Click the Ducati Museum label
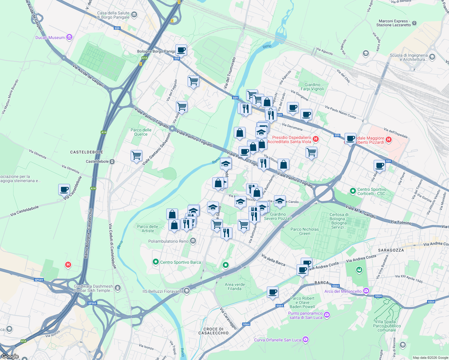[50, 37]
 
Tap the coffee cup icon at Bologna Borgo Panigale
[181, 50]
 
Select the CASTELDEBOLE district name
[87, 152]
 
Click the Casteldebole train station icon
[112, 161]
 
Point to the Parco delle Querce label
[141, 132]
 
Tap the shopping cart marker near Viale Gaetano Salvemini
[136, 156]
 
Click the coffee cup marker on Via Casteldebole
[64, 190]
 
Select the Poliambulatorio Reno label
[168, 241]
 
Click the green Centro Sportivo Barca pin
[155, 262]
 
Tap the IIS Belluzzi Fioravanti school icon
[187, 291]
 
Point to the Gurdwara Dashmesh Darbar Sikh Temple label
[93, 288]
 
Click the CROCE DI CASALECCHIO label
[213, 331]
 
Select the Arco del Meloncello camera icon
[366, 291]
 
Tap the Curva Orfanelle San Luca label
[277, 340]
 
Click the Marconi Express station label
[393, 23]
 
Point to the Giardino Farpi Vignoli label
[312, 87]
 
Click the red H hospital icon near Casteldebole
[68, 265]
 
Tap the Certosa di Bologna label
[339, 221]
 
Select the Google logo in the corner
[10, 356]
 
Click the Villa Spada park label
[387, 326]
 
